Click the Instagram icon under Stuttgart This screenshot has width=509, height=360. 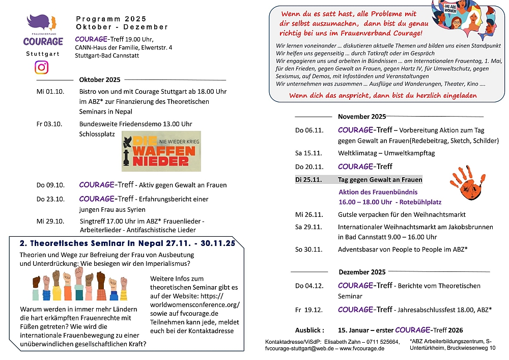click(x=42, y=67)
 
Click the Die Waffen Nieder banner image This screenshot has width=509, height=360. click(x=161, y=152)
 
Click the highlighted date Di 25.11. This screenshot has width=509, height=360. click(x=309, y=180)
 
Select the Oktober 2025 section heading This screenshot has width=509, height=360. click(x=100, y=79)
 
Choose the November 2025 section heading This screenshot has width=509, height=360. click(x=361, y=116)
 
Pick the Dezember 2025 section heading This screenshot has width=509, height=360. click(x=361, y=272)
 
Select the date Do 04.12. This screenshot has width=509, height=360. click(x=309, y=286)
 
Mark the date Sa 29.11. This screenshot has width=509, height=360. click(x=309, y=227)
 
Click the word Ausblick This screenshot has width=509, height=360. click(x=309, y=330)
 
